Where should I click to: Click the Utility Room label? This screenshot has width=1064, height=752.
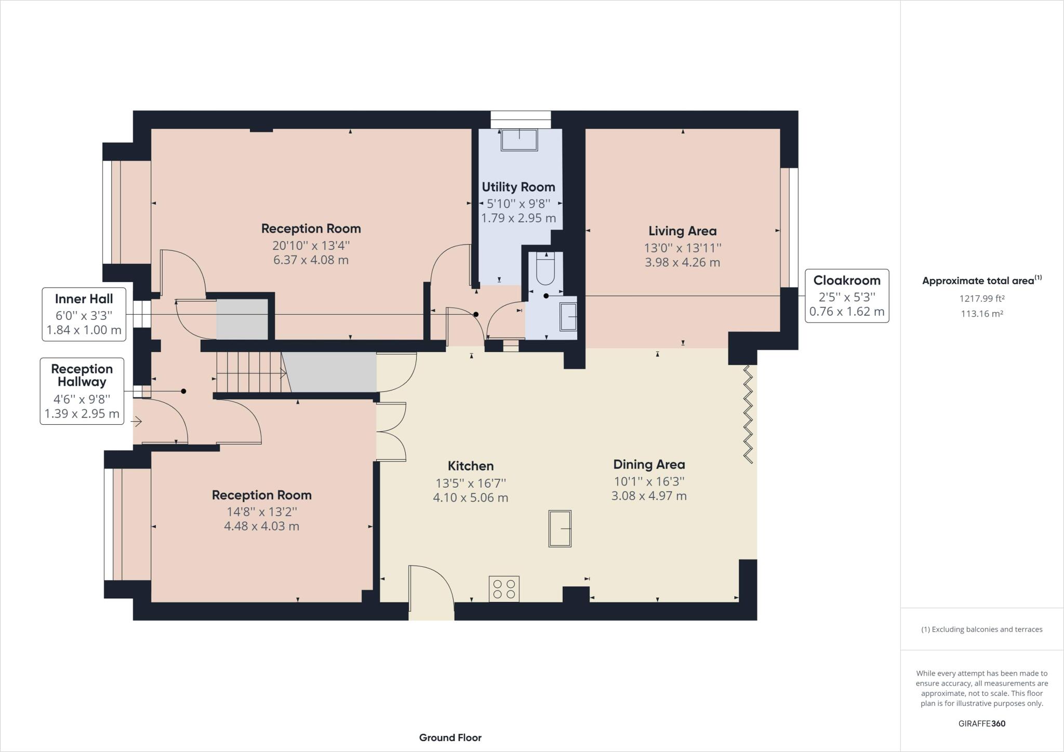click(x=518, y=187)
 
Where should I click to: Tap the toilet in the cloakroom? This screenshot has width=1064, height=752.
click(x=546, y=268)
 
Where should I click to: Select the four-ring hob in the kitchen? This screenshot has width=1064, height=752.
click(x=504, y=589)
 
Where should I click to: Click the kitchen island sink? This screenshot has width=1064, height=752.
click(x=560, y=528)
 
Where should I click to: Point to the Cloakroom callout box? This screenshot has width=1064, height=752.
click(x=846, y=296)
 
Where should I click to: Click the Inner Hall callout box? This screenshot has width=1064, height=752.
click(x=84, y=314)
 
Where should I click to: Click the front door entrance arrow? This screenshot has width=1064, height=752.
click(x=137, y=421)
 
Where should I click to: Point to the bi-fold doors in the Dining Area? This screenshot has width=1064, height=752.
click(x=748, y=414)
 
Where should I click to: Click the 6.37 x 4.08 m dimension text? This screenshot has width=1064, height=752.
click(x=311, y=260)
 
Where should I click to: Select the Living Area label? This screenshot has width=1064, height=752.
click(x=682, y=231)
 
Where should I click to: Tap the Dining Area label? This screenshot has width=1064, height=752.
click(x=649, y=464)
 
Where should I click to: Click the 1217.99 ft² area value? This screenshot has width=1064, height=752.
click(x=981, y=299)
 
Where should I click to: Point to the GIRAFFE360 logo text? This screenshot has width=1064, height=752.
click(x=981, y=723)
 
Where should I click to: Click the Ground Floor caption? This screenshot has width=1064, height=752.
click(x=450, y=737)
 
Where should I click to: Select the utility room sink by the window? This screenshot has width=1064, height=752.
click(x=519, y=139)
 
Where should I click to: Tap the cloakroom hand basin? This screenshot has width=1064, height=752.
click(x=568, y=317)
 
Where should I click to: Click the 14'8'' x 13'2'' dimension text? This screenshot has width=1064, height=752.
click(x=261, y=512)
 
